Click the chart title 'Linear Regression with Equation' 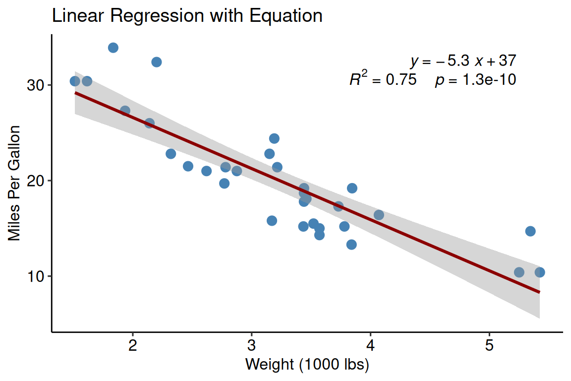187,16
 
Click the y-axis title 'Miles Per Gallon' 15,183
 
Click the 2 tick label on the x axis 133,345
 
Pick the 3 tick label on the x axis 252,345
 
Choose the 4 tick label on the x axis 370,345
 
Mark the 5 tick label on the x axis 489,345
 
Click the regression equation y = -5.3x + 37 463,61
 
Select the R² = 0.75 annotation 383,79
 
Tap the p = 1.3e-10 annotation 476,80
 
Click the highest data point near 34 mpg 113,48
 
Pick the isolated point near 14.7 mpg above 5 530,231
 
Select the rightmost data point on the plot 540,272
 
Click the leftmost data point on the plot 75,81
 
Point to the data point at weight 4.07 379,215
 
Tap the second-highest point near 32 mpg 157,62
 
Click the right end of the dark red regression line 539,292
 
